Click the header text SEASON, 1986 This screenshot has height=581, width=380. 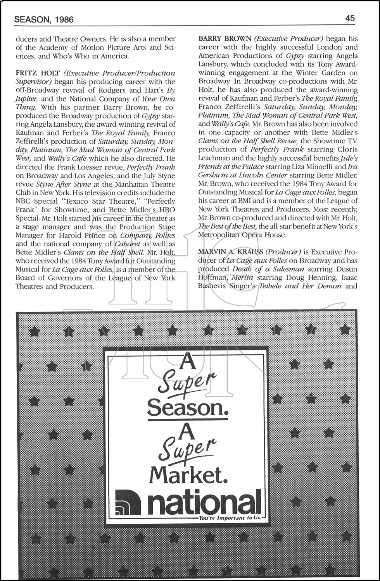pyautogui.click(x=44, y=19)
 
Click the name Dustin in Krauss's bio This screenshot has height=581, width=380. pyautogui.click(x=345, y=269)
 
